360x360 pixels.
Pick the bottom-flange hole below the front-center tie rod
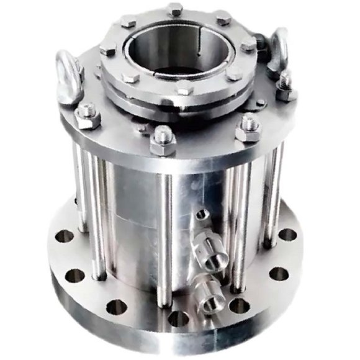pos(178,318)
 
